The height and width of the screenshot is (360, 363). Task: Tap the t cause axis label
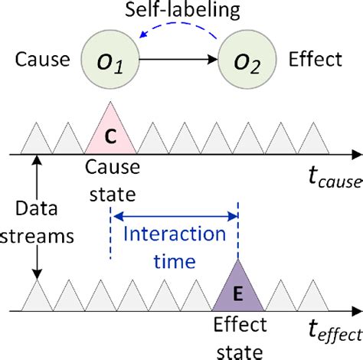pos(321,181)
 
